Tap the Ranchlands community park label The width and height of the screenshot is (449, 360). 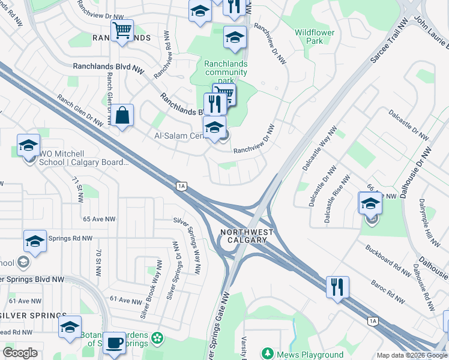pyautogui.click(x=226, y=72)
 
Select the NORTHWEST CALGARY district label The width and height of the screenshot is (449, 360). pyautogui.click(x=247, y=236)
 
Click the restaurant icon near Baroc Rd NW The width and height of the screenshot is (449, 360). pyautogui.click(x=337, y=287)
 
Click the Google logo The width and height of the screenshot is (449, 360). pyautogui.click(x=20, y=353)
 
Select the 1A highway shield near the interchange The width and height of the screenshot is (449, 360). pyautogui.click(x=181, y=186)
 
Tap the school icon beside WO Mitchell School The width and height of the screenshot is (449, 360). pyautogui.click(x=28, y=146)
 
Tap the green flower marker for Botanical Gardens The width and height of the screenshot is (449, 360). pyautogui.click(x=157, y=338)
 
